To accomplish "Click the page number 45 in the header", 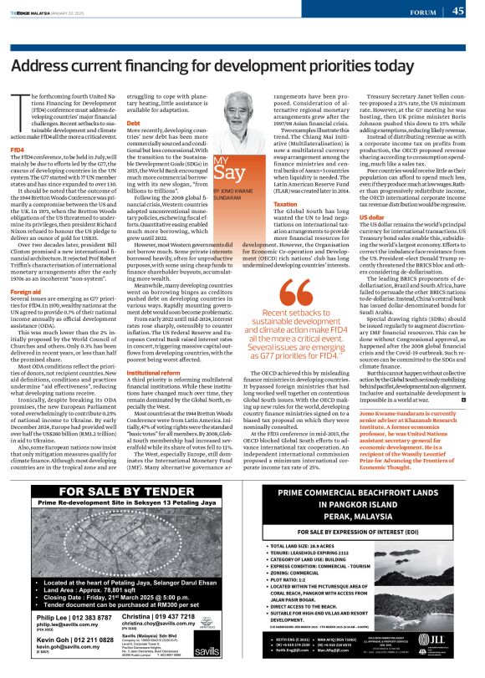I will (457, 11).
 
